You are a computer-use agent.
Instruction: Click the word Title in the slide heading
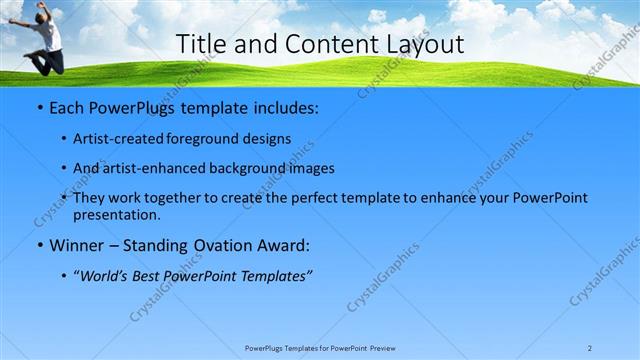click(x=200, y=44)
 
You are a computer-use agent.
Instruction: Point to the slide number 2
click(x=590, y=347)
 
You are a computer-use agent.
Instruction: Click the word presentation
click(x=116, y=214)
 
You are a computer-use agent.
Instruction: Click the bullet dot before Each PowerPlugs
click(x=38, y=107)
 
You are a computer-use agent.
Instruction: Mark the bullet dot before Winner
click(x=38, y=245)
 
